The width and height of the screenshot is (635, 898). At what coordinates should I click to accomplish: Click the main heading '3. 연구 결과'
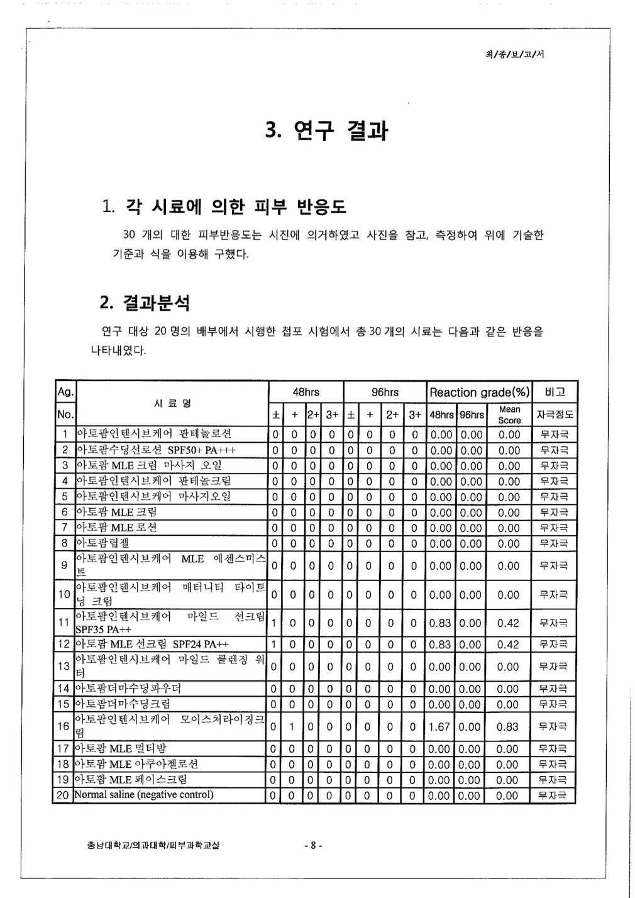(326, 130)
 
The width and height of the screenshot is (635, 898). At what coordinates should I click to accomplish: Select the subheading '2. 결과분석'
(145, 303)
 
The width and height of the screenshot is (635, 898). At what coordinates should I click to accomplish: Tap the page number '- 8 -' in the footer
(312, 846)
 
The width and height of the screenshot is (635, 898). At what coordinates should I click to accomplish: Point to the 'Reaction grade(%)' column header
(479, 392)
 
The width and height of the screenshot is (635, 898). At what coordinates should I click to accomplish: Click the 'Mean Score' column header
(509, 414)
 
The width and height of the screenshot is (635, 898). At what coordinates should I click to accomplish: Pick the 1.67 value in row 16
(439, 726)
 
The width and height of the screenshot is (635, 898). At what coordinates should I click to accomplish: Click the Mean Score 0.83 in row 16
(508, 726)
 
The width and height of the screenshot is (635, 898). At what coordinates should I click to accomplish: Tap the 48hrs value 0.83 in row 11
(439, 623)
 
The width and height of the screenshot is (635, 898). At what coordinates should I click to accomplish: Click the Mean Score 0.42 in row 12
(508, 644)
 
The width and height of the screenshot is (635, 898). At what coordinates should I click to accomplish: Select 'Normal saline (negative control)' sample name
(144, 795)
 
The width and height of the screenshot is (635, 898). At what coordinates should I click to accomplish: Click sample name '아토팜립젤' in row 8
(102, 543)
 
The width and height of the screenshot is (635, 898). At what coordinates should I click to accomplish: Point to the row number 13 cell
(63, 667)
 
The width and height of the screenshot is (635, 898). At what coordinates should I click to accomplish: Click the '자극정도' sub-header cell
(554, 415)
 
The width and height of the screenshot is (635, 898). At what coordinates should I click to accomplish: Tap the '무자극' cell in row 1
(554, 435)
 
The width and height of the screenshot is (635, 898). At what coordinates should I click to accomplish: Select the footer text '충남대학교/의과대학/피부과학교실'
(153, 846)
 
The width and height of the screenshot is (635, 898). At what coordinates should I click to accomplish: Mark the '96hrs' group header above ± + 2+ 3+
(385, 392)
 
